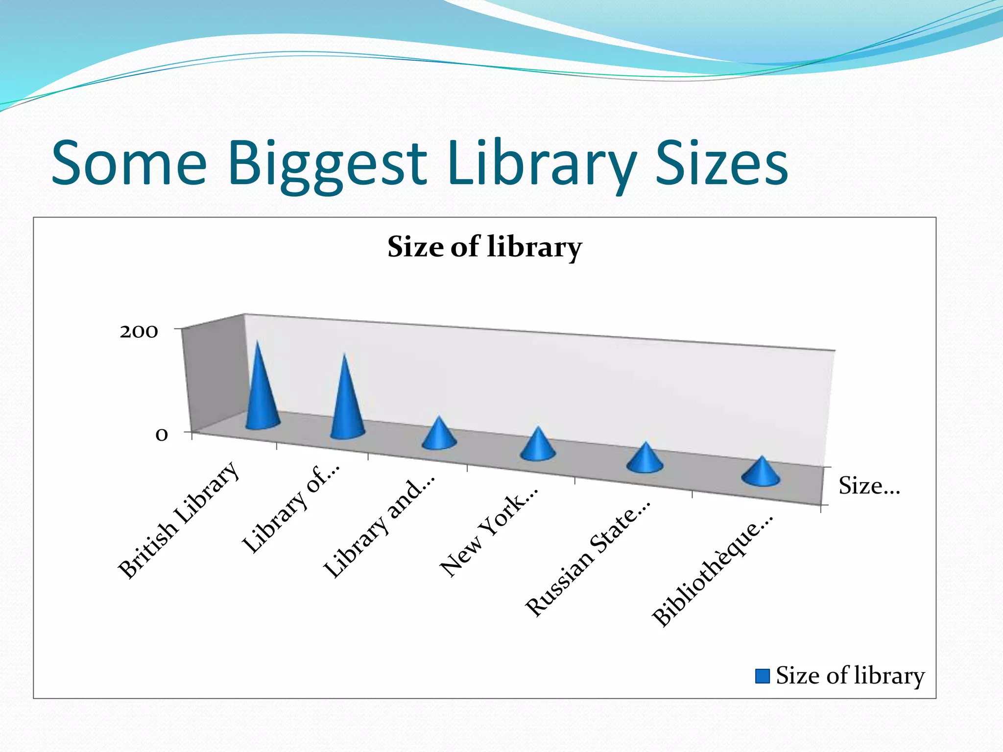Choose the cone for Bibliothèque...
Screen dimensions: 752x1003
[x=761, y=474]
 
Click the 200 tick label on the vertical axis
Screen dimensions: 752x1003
[x=139, y=332]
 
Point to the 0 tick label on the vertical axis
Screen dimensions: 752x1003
[x=162, y=435]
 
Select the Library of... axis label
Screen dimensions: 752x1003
[x=291, y=509]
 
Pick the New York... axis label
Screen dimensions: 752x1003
[x=489, y=532]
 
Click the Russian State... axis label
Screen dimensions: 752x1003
[x=588, y=558]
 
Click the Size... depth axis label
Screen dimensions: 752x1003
[x=869, y=486]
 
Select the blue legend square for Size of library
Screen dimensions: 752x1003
[x=762, y=676]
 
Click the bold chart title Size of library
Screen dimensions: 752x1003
[x=484, y=247]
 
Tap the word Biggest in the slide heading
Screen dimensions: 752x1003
[x=327, y=164]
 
